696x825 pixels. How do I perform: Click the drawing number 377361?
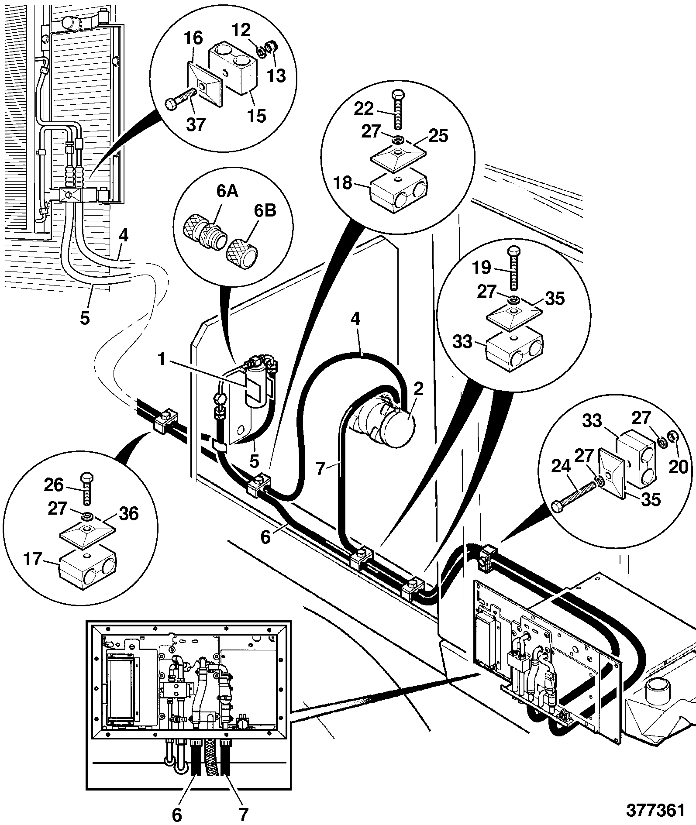coord(655,810)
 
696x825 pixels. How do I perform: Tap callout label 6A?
coord(227,191)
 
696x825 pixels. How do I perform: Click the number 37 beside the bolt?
coord(195,125)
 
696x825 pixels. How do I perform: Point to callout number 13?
coord(276,76)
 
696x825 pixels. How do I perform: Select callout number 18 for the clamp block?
coord(343,183)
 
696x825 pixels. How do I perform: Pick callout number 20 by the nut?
coord(678,467)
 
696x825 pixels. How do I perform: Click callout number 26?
coord(54,485)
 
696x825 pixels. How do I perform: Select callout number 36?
coord(128,514)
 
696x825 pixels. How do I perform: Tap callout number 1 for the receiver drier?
coord(162,360)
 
